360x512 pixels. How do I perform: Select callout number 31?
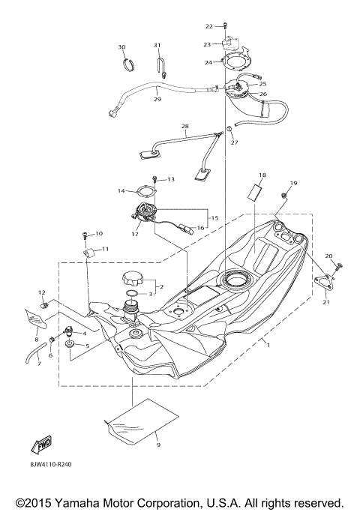[158, 46]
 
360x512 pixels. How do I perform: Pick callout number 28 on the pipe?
[184, 126]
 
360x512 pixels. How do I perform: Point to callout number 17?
[135, 234]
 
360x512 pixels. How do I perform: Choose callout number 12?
[42, 292]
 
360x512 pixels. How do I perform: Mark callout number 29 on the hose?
[157, 99]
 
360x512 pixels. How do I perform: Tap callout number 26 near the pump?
[263, 94]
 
